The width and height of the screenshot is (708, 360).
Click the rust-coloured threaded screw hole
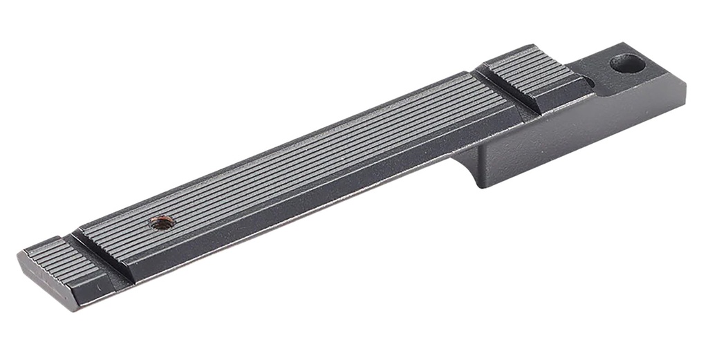coord(164,222)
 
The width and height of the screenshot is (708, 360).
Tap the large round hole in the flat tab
coord(627,64)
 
